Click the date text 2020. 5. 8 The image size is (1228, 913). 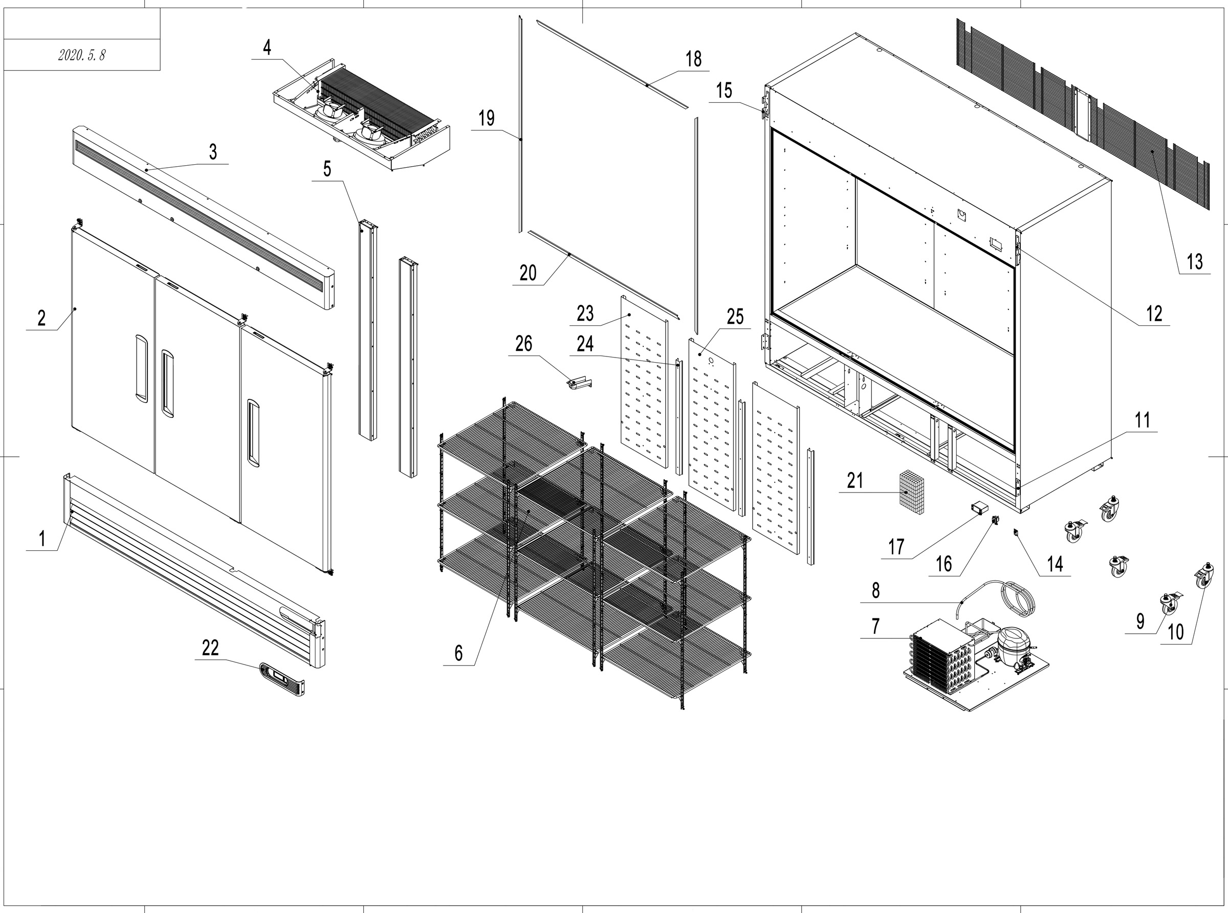[81, 55]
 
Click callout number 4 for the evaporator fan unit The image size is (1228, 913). [267, 48]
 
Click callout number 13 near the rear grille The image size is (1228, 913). [1194, 261]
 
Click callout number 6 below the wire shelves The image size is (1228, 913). [458, 653]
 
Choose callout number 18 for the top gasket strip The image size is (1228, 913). [693, 59]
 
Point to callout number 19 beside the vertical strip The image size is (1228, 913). [487, 118]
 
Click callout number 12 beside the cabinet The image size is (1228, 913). [1154, 314]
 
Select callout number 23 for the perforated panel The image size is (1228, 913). [585, 314]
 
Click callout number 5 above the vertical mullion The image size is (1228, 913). [327, 169]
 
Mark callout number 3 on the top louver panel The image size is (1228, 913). [213, 152]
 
